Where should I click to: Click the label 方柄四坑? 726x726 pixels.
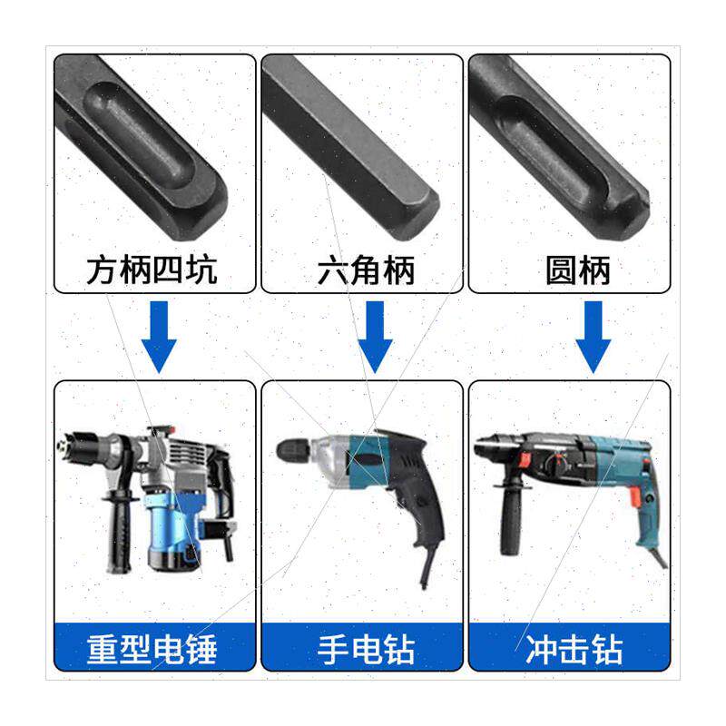(x=152, y=270)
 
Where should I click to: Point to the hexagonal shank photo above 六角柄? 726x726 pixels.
(x=363, y=145)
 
